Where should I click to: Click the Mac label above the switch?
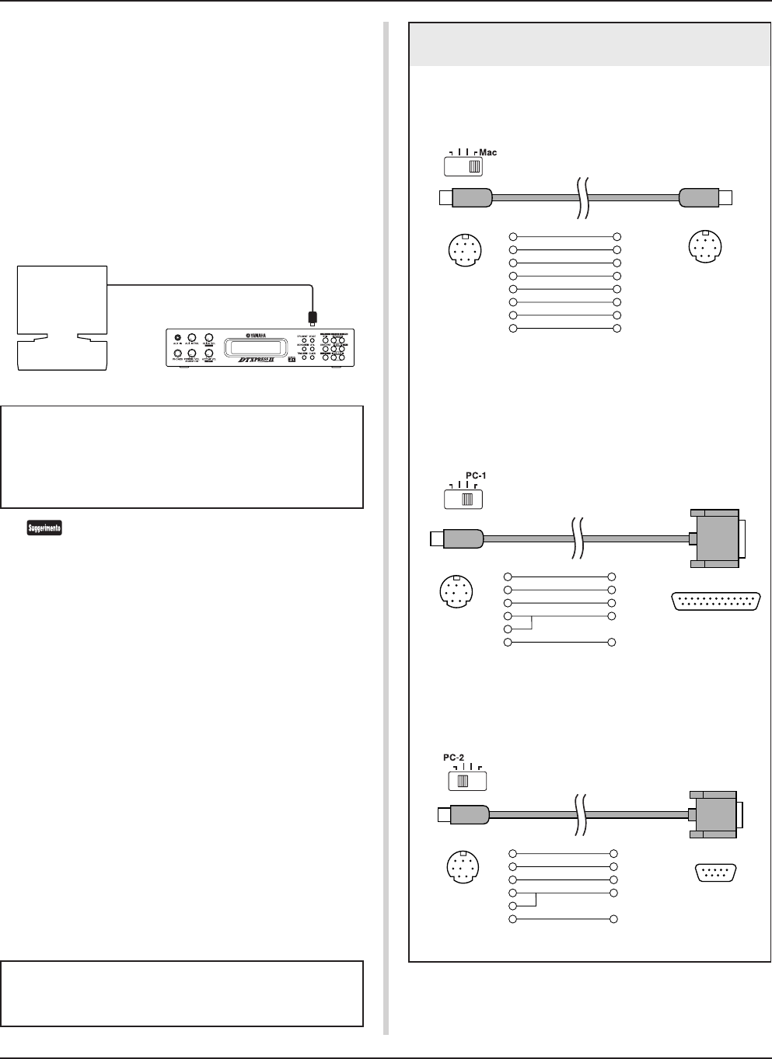tap(488, 152)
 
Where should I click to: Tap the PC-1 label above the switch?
tap(476, 475)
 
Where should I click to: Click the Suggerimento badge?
tap(44, 528)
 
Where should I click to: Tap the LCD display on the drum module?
tap(248, 346)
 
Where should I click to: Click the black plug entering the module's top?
tap(313, 317)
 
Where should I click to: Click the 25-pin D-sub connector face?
tap(715, 601)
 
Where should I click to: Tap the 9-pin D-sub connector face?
tap(716, 873)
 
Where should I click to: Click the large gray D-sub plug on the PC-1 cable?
tap(715, 537)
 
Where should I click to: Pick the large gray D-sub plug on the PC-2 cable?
tap(714, 815)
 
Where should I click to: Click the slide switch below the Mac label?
tap(463, 165)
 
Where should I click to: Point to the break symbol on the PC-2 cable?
tap(580, 814)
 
